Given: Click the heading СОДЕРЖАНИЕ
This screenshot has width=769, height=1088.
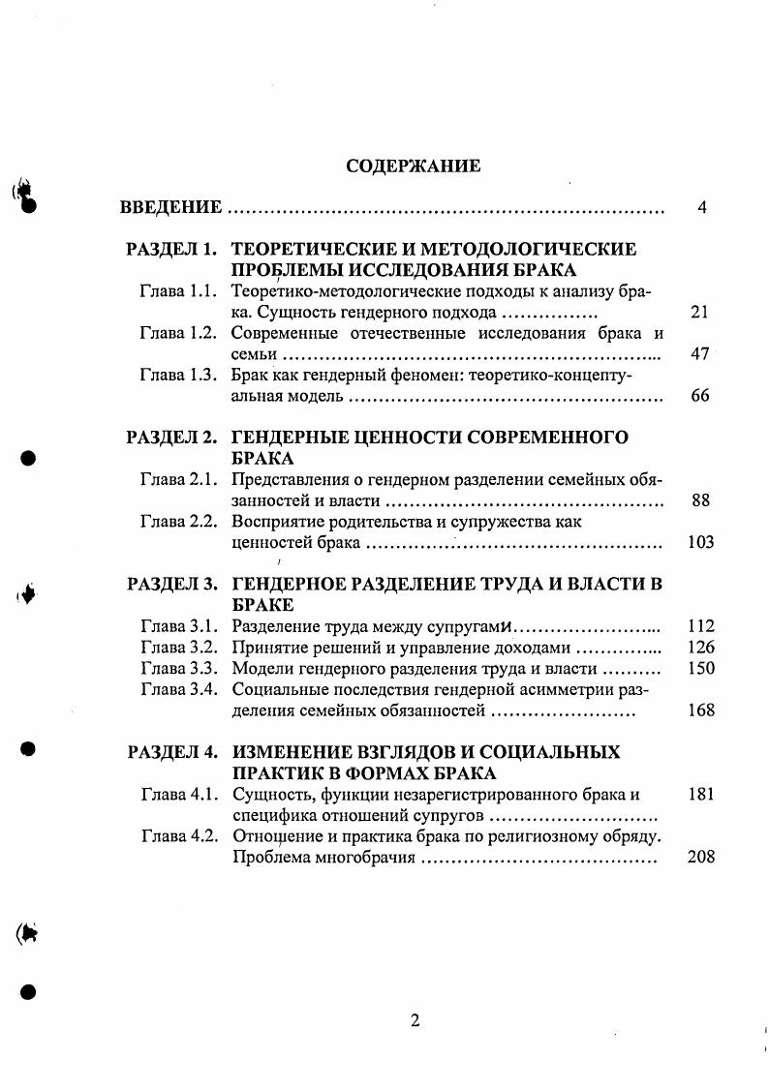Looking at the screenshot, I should [x=413, y=166].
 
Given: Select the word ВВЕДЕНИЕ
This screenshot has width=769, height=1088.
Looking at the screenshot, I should [x=171, y=208].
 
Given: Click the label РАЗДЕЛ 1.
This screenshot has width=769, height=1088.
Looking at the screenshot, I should [x=171, y=250].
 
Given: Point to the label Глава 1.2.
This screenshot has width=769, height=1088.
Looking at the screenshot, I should [x=176, y=333].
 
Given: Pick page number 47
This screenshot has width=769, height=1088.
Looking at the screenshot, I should [x=700, y=354].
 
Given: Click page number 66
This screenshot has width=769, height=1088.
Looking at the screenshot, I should [x=700, y=397].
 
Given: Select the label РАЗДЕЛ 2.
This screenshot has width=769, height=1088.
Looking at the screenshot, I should [x=171, y=438].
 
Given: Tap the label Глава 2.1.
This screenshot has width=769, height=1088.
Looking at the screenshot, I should [x=176, y=479].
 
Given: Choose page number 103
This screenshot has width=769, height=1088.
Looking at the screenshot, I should [x=700, y=542].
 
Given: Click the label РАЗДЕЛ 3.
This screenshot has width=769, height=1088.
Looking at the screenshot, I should [x=171, y=584].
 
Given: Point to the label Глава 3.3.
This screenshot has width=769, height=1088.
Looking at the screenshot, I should [x=176, y=668].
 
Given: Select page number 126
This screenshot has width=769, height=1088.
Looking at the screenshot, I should [x=700, y=648].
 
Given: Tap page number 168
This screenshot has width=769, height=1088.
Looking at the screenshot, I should [x=700, y=710].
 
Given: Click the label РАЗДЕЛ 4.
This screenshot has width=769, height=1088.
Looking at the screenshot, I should [x=171, y=752].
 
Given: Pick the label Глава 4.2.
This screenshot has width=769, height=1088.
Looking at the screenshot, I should [x=176, y=835].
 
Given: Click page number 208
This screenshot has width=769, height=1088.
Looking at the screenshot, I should [x=700, y=858].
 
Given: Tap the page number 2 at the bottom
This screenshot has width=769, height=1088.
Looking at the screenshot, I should [x=415, y=1020].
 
